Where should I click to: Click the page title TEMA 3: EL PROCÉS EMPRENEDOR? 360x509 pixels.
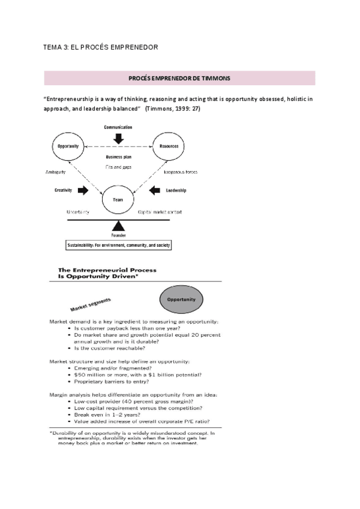101,47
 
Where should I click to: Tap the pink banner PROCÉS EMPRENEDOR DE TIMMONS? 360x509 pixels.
179,78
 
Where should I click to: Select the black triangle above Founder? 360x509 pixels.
118,227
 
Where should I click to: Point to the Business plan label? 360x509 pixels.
118,157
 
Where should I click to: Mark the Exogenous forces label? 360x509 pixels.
169,171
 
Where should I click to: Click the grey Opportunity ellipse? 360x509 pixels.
181,298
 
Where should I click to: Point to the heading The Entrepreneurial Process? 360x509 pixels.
107,270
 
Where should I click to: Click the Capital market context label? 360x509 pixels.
160,212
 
